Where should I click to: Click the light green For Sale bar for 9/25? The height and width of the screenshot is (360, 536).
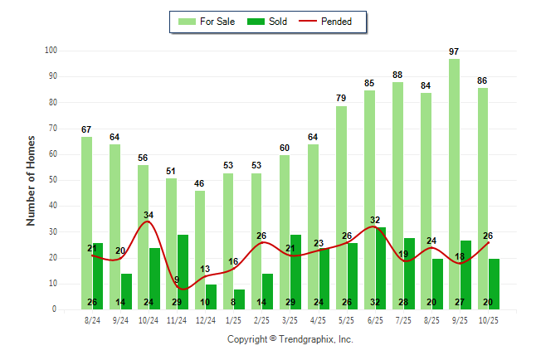(x=454, y=183)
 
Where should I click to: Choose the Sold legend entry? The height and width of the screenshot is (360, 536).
(x=268, y=22)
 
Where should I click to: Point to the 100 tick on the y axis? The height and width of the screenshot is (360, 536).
(x=51, y=51)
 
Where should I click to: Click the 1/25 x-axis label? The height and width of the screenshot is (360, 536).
(x=234, y=319)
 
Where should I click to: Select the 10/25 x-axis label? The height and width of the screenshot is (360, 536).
(x=489, y=319)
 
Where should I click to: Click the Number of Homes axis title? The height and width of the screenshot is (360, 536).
(x=31, y=180)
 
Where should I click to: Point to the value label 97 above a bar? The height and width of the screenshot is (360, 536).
(x=454, y=51)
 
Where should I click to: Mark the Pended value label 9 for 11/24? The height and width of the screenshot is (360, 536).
(x=176, y=280)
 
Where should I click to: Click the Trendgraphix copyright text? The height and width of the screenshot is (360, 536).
(x=290, y=339)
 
